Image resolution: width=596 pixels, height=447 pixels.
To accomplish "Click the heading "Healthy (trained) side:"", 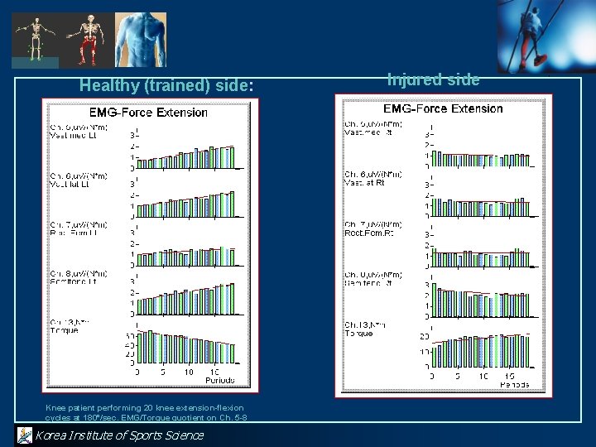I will click(x=165, y=84).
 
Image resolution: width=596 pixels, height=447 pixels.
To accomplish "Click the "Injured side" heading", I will click(x=433, y=79).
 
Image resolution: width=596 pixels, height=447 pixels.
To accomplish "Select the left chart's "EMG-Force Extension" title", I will click(x=148, y=112).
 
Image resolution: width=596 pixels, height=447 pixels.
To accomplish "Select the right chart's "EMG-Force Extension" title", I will click(x=443, y=108).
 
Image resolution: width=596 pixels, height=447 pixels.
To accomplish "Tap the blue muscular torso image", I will click(x=140, y=38).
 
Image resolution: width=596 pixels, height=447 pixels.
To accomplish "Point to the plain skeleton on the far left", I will click(x=34, y=38).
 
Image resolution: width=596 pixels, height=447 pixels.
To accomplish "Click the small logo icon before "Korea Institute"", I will click(x=24, y=435).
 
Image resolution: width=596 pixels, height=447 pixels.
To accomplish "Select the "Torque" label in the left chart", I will click(x=65, y=330).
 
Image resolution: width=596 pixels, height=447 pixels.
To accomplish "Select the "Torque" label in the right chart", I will click(x=359, y=332).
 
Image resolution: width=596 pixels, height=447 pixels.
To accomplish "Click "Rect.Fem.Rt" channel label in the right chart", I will click(x=369, y=233).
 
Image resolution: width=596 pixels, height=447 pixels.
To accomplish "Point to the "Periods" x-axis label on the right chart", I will click(x=514, y=384).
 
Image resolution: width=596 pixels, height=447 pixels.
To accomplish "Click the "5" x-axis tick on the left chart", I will click(x=162, y=372).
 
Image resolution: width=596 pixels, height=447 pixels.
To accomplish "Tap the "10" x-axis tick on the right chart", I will click(x=483, y=376).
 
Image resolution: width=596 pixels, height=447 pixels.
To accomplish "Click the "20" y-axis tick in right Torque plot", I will click(x=425, y=336).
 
